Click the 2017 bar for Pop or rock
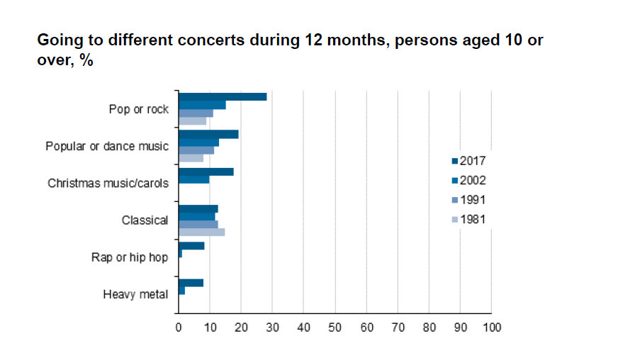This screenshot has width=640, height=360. pos(223,96)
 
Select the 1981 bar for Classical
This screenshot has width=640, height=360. pos(201,232)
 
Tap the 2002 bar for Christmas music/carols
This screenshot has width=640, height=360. pos(193,180)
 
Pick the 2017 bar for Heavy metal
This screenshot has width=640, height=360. pos(191,283)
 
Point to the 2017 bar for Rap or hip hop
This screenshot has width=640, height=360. pos(191,246)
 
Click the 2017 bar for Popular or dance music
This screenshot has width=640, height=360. pos(208,134)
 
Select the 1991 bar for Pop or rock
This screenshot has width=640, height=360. pos(196,113)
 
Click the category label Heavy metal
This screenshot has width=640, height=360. pos(135,294)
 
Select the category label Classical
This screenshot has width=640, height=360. pos(145,220)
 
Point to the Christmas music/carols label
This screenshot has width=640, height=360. pos(108,184)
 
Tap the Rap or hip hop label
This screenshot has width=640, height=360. pos(130,257)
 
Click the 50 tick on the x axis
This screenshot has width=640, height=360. pos(335,327)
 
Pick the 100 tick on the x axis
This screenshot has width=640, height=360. pos(491,327)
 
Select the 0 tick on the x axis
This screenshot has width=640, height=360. pos(179,327)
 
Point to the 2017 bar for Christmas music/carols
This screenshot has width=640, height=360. pos(206,171)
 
